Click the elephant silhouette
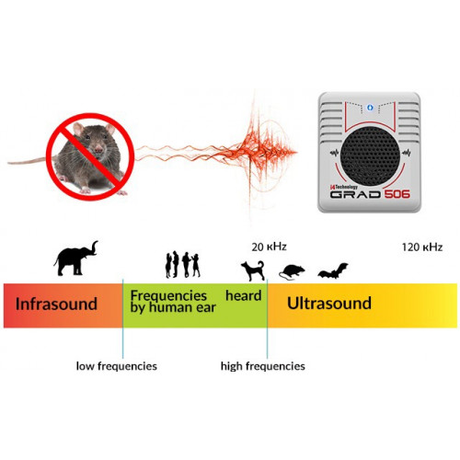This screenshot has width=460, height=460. [x=75, y=259]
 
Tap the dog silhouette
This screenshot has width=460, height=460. [x=253, y=270]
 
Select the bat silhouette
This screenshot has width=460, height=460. [x=333, y=271]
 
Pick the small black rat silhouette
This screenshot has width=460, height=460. [x=292, y=272]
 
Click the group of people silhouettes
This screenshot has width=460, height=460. [x=183, y=264]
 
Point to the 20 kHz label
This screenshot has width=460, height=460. [x=269, y=247]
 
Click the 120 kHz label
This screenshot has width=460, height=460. [x=422, y=247]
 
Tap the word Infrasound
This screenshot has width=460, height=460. [x=56, y=304]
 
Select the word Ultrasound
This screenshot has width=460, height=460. [x=329, y=304]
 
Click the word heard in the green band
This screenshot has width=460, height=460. [x=244, y=295]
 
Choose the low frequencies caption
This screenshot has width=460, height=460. [x=117, y=366]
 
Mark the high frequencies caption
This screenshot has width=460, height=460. [x=263, y=366]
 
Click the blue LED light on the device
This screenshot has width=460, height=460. [x=370, y=108]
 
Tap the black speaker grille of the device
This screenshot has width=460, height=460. [x=370, y=156]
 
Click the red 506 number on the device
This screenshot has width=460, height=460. [x=397, y=194]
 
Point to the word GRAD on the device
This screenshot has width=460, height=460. [x=355, y=194]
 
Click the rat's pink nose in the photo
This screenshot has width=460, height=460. [x=98, y=150]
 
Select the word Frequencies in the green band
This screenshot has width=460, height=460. [x=168, y=295]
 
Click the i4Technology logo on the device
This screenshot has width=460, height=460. [x=344, y=187]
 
